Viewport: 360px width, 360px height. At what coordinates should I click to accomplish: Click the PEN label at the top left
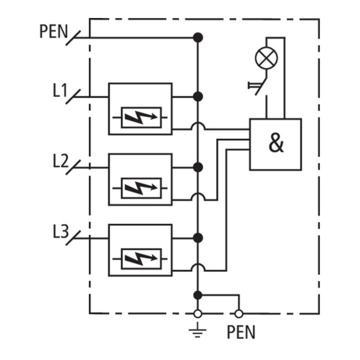pyautogui.click(x=53, y=31)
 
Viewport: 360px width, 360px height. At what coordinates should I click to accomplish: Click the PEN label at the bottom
pyautogui.click(x=241, y=332)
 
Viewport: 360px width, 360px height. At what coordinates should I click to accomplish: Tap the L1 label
pyautogui.click(x=60, y=90)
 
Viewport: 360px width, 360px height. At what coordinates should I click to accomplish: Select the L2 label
pyautogui.click(x=60, y=160)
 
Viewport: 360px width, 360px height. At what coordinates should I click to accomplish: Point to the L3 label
pyautogui.click(x=60, y=231)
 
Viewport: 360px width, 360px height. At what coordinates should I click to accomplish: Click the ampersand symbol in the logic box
pyautogui.click(x=276, y=143)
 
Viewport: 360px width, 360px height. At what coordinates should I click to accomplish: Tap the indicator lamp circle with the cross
pyautogui.click(x=266, y=58)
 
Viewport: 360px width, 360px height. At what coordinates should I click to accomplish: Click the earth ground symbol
pyautogui.click(x=197, y=330)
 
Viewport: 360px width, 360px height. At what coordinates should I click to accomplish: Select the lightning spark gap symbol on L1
pyautogui.click(x=141, y=117)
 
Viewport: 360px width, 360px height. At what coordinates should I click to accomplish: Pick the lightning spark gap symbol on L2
pyautogui.click(x=141, y=188)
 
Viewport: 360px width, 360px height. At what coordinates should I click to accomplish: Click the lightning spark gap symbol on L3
pyautogui.click(x=141, y=259)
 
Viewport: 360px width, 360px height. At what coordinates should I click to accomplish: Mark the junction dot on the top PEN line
pyautogui.click(x=197, y=37)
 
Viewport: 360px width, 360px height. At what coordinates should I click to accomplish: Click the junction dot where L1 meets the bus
pyautogui.click(x=197, y=96)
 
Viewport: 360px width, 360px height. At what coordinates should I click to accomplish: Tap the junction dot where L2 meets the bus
pyautogui.click(x=197, y=167)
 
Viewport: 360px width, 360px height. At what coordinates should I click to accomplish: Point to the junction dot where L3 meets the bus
pyautogui.click(x=197, y=238)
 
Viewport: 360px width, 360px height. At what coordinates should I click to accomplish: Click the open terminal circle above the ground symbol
pyautogui.click(x=197, y=313)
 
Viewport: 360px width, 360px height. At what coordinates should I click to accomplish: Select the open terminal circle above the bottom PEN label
pyautogui.click(x=239, y=313)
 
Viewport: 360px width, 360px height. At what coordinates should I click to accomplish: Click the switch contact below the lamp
pyautogui.click(x=261, y=86)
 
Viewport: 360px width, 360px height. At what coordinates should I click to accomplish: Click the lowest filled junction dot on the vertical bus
pyautogui.click(x=197, y=295)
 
